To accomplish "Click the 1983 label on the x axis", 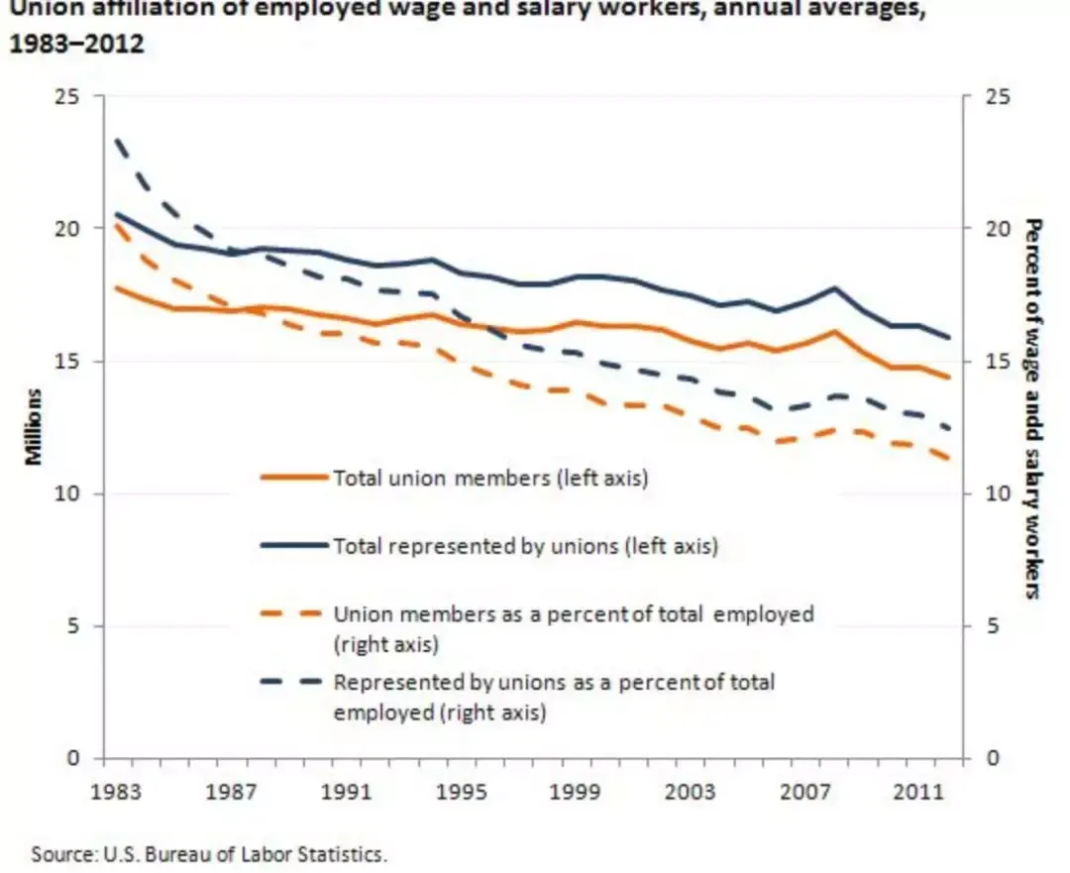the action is pos(115,792).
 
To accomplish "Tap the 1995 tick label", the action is pos(462,792).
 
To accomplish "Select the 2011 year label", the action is pos(918,792).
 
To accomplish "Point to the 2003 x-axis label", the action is pos(690,792).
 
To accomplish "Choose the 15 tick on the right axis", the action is pos(997,361).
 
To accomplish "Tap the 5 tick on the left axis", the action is pos(73,626).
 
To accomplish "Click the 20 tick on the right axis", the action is pos(997,228).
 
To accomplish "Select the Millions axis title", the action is pos(33,427).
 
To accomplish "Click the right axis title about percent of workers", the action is pos(1033,409).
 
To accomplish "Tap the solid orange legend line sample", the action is pos(295,477).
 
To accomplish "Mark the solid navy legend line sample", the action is pos(295,545).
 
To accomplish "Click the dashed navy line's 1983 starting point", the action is pos(117,139).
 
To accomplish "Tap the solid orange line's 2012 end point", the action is pos(948,377).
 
